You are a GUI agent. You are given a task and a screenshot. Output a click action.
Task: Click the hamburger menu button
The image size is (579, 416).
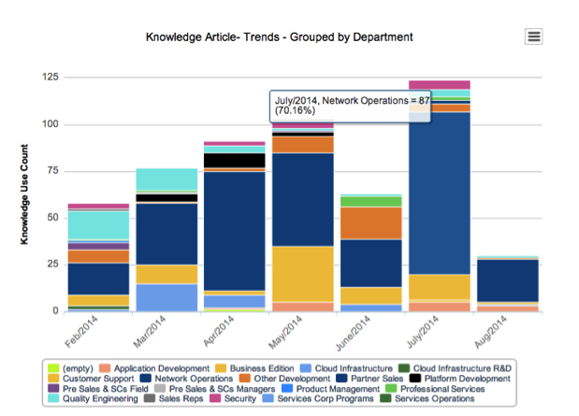point(534,36)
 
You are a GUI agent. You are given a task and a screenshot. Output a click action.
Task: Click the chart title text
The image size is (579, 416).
point(280,37)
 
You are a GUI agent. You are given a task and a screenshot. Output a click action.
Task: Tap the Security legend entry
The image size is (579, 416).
point(237,398)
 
